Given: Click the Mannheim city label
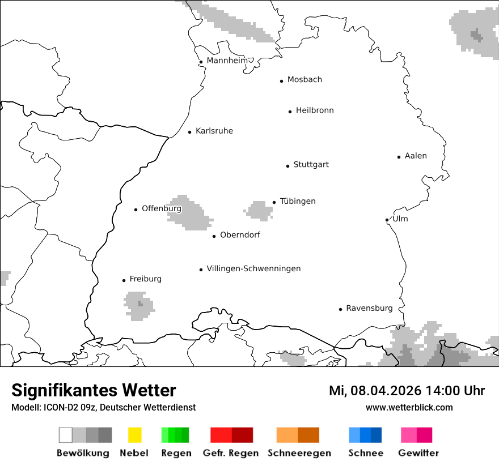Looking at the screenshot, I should (x=227, y=61).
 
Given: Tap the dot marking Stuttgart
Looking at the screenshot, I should (x=287, y=166).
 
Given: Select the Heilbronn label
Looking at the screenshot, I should (x=315, y=110).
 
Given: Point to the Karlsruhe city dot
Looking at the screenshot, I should (x=190, y=132).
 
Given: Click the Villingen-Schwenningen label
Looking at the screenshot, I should (x=253, y=268).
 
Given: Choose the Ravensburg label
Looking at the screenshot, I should (x=369, y=308).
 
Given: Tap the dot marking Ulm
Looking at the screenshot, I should (x=387, y=220).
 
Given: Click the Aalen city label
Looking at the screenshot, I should (x=416, y=156).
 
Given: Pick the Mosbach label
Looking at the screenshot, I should (x=305, y=80).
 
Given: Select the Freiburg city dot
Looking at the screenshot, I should (x=124, y=280).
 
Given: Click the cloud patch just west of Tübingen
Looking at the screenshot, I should (x=259, y=211).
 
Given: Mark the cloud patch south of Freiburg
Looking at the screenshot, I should (x=139, y=306).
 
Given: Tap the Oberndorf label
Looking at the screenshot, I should (x=240, y=235).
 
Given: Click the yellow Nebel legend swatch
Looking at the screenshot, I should (x=134, y=435).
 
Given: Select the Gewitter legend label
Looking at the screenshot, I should (x=418, y=453).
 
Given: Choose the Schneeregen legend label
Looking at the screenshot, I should (x=299, y=453).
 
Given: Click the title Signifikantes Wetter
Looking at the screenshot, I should (x=94, y=390).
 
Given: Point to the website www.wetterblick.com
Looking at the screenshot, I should (x=409, y=407).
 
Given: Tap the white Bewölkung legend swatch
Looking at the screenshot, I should (x=66, y=435).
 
